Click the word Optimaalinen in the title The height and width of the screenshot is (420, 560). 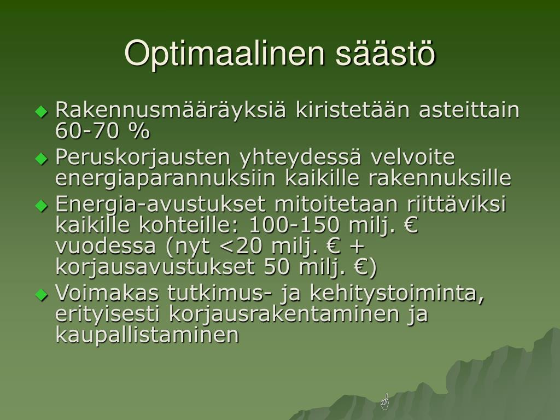224,54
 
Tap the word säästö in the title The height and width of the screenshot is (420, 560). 386,53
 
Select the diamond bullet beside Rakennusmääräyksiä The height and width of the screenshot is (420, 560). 42,112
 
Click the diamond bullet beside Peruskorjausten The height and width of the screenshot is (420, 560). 42,158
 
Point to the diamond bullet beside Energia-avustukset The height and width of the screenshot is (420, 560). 42,206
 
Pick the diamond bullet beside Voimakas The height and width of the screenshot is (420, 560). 42,295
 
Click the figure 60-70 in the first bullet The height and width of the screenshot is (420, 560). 87,130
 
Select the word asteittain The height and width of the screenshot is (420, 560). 469,109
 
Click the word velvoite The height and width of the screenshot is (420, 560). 412,157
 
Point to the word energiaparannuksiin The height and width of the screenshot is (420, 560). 165,178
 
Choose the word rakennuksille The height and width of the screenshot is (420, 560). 440,178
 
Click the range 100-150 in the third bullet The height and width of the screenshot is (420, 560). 294,225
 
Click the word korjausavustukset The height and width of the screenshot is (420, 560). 155,267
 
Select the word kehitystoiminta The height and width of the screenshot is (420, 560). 396,293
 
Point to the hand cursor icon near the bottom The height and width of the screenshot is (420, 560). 384,401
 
